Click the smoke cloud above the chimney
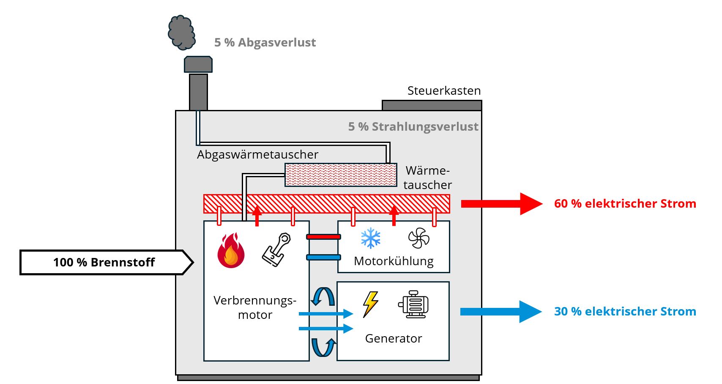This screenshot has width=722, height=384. click(182, 33)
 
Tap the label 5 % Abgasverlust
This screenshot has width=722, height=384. click(265, 43)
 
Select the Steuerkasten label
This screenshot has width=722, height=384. click(444, 91)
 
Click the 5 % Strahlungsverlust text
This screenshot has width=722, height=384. click(413, 127)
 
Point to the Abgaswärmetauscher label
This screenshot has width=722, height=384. click(257, 155)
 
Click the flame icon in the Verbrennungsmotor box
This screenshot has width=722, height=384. click(231, 251)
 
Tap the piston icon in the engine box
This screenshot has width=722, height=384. click(276, 250)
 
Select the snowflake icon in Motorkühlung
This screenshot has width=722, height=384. click(371, 238)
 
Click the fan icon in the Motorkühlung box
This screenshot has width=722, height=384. click(418, 238)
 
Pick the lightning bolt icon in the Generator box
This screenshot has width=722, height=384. click(370, 304)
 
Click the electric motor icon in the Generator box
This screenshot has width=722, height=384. click(413, 304)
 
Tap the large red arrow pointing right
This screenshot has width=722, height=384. click(501, 204)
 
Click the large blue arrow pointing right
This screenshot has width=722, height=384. click(500, 312)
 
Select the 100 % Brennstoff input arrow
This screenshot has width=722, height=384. click(106, 263)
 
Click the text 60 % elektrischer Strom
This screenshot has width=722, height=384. click(625, 204)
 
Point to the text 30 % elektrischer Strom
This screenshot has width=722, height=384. click(625, 312)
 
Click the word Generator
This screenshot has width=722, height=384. click(393, 339)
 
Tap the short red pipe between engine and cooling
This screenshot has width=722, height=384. click(323, 237)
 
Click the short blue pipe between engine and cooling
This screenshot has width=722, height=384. click(323, 257)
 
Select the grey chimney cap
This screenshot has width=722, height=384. click(198, 65)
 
